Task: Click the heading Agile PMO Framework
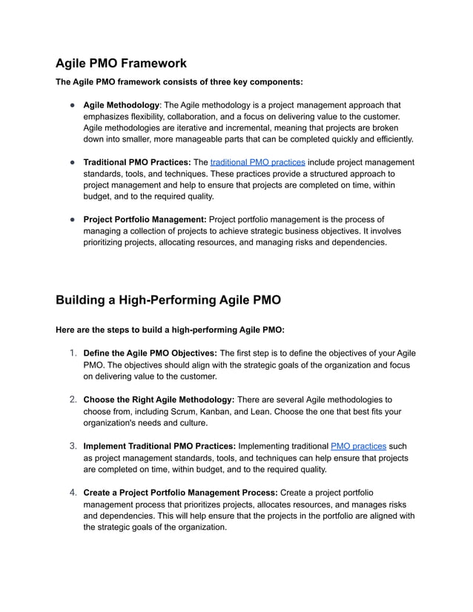(x=121, y=63)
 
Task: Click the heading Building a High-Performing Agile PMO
(x=168, y=300)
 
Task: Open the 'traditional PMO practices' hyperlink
(x=257, y=162)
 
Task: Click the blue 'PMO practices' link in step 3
(x=358, y=447)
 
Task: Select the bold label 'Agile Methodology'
(x=121, y=105)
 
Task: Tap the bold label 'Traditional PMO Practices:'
(x=137, y=162)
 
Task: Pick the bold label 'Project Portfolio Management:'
(x=145, y=219)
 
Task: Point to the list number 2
(x=73, y=399)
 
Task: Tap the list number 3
(x=73, y=447)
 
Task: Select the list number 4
(x=73, y=492)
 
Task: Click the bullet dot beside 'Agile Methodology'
(x=73, y=105)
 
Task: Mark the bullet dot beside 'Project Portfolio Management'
(x=73, y=219)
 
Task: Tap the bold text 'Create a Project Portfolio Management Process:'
(x=180, y=492)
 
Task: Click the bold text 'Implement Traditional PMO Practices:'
(x=159, y=447)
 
